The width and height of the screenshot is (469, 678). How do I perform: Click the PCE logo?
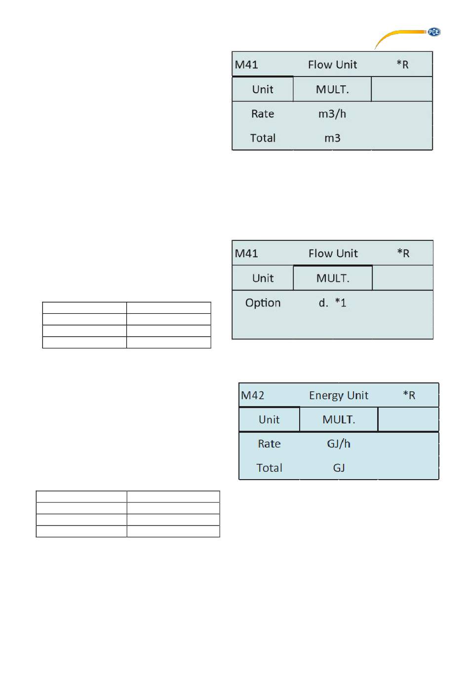[x=433, y=32]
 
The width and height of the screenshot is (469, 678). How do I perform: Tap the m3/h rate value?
[x=332, y=114]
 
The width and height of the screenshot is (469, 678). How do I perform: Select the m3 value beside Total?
[x=332, y=138]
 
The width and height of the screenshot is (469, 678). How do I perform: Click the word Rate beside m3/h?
[x=263, y=114]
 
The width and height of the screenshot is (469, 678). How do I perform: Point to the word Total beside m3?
[x=263, y=138]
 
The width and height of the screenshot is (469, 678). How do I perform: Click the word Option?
[x=263, y=303]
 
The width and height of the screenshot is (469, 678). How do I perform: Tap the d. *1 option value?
[x=332, y=302]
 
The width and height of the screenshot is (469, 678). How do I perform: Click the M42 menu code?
[x=252, y=395]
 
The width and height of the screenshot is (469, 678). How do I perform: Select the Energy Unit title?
[x=339, y=396]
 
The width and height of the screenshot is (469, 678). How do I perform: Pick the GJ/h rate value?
[x=339, y=444]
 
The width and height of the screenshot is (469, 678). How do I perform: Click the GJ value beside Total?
[x=339, y=468]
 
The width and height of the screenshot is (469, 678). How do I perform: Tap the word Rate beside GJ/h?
[x=269, y=444]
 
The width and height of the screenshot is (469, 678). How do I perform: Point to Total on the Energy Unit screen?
[x=269, y=468]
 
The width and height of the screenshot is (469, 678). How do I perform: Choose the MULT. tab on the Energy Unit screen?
[x=339, y=419]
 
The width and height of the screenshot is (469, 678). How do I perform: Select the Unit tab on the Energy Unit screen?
[x=269, y=419]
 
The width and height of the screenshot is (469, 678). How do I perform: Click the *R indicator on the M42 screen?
[x=409, y=395]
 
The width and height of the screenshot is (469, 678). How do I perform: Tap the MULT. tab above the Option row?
[x=333, y=278]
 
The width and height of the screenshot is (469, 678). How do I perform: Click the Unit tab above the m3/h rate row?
[x=263, y=89]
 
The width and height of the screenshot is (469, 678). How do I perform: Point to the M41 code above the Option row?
[x=246, y=253]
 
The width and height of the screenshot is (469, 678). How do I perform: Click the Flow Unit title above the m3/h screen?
[x=332, y=65]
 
